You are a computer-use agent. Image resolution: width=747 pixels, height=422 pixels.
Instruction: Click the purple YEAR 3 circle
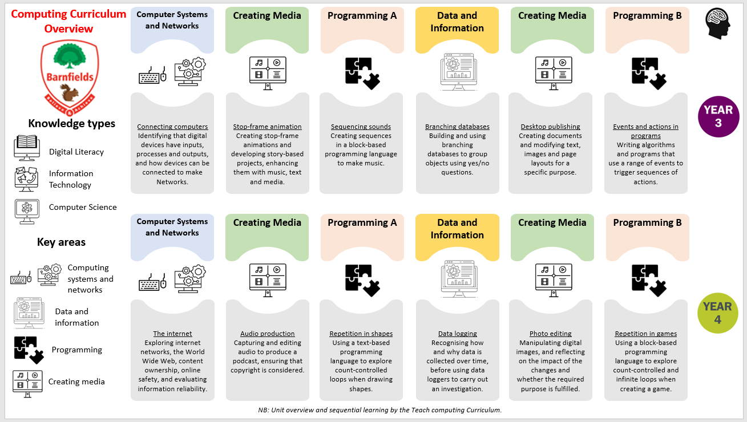click(718, 117)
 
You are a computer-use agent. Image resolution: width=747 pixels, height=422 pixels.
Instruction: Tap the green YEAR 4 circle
click(718, 313)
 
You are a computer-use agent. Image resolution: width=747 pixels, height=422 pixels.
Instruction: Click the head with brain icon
click(718, 23)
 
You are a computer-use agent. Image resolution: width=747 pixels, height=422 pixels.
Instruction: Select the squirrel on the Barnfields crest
click(69, 93)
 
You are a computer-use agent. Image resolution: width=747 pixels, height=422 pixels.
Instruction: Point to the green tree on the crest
click(70, 56)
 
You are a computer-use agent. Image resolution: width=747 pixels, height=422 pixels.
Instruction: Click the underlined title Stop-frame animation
click(267, 127)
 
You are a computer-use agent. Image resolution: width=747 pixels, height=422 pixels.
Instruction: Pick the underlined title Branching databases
click(457, 127)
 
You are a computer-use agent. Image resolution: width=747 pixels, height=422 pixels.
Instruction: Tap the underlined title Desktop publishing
click(550, 127)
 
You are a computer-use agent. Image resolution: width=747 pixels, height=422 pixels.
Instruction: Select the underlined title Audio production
click(268, 334)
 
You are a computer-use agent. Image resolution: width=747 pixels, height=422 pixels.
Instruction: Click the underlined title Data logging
click(458, 334)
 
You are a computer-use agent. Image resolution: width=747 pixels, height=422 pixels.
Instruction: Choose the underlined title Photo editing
click(550, 334)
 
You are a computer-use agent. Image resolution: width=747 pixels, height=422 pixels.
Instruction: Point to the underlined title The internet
click(172, 334)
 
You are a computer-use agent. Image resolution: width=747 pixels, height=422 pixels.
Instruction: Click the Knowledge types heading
click(72, 123)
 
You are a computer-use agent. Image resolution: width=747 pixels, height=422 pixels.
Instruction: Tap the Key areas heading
click(62, 242)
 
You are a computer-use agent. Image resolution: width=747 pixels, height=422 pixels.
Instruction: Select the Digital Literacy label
click(76, 152)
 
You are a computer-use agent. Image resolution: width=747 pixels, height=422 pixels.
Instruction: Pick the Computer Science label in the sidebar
click(83, 208)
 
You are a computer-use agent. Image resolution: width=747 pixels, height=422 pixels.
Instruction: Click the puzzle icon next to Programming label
click(29, 350)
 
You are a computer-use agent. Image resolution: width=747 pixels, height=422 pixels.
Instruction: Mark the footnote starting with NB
click(380, 410)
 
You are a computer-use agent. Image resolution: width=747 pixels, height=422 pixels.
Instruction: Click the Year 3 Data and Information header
click(457, 22)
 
